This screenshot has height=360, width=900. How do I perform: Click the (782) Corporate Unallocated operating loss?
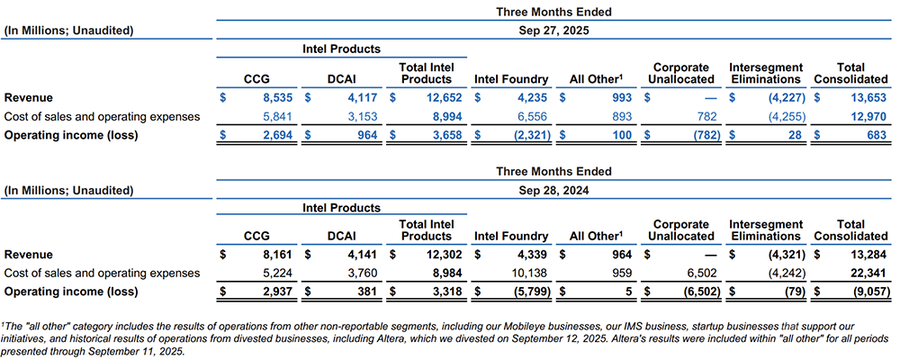[x=697, y=134]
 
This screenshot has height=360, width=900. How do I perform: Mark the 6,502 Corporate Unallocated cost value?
[x=698, y=273]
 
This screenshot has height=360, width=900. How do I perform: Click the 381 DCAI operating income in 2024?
[x=364, y=292]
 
